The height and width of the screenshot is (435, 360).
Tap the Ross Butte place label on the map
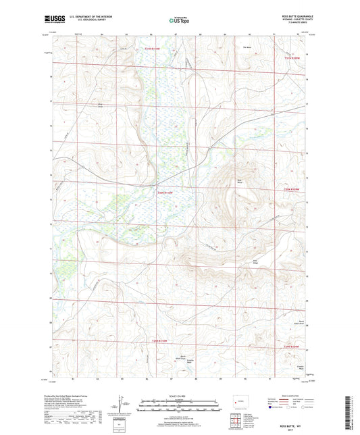pos(238,181)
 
